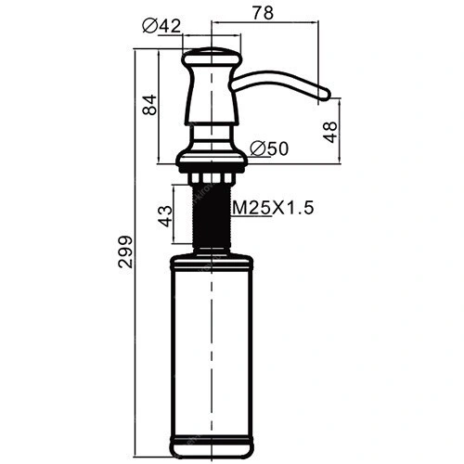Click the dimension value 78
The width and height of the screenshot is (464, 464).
(263, 13)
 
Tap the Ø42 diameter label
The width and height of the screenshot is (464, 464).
(161, 26)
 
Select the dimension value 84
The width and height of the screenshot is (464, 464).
(150, 105)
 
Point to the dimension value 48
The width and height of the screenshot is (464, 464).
(330, 132)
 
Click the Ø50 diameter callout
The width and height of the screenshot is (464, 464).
(269, 148)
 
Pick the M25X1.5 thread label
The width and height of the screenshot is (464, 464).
(273, 208)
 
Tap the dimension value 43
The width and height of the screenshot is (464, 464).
(165, 216)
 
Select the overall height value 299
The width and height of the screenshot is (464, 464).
(125, 251)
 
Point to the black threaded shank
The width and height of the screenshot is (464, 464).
(212, 215)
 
